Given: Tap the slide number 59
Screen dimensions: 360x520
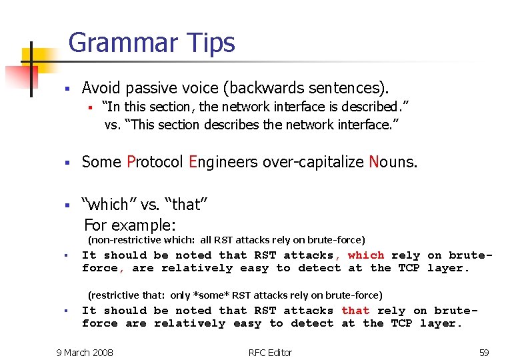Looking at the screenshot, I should (x=484, y=352).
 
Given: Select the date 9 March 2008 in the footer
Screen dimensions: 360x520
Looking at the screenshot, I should (x=85, y=352).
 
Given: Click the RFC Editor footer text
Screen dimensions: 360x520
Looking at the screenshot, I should (x=270, y=352).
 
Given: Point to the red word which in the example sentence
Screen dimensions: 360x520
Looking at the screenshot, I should (x=365, y=255).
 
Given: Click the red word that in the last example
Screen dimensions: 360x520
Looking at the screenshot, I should (x=355, y=311).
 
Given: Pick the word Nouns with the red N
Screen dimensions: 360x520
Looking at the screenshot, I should (x=393, y=162).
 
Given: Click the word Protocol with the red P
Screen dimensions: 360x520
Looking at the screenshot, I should (x=155, y=162).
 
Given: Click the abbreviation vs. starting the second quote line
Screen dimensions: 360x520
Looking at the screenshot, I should (x=111, y=125).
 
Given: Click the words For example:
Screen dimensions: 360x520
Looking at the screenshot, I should (x=129, y=225).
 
